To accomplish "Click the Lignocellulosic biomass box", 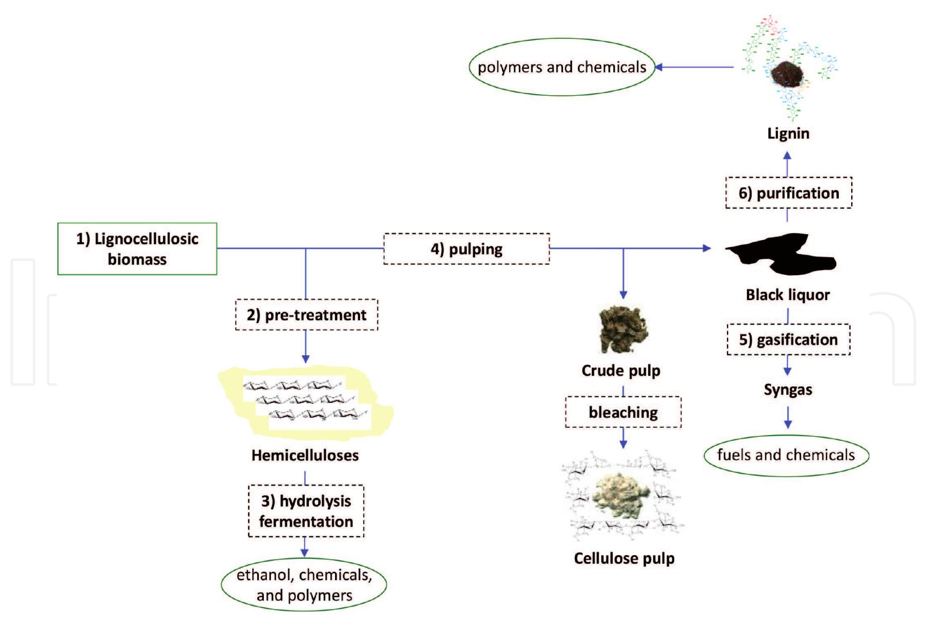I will (137, 249).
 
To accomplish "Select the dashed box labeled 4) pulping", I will (466, 249).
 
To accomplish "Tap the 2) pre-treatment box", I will (306, 314).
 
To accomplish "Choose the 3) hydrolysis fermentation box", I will (306, 511).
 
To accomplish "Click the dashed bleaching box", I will (623, 412).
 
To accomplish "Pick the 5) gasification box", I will (788, 339).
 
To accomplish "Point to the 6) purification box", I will (788, 193).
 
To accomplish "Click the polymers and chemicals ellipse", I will (561, 67).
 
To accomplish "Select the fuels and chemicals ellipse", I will (786, 455).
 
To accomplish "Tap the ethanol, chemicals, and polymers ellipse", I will (304, 585).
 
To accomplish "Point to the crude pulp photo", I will (623, 329).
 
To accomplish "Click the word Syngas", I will (788, 389).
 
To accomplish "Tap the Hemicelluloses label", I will (305, 455).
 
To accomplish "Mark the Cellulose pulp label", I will (624, 558).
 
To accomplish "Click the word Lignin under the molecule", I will (788, 133).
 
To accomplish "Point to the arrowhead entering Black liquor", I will (707, 248).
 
